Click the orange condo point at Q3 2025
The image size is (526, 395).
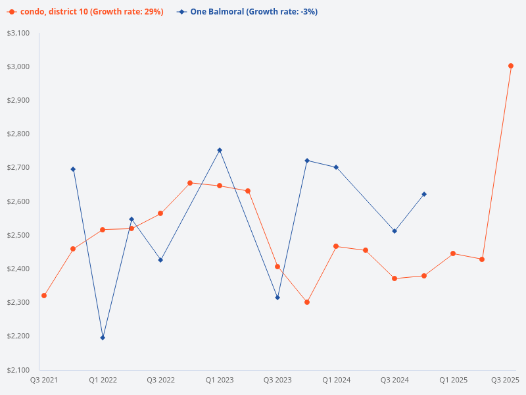pos(511,66)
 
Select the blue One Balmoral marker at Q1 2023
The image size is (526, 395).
pos(220,150)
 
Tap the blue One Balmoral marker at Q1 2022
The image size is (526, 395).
pos(103,338)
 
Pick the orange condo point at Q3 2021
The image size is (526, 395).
pos(44,296)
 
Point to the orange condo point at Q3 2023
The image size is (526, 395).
pos(277,267)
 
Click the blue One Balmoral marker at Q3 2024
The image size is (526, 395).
pos(394,231)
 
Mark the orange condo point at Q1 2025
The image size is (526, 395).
pos(453,253)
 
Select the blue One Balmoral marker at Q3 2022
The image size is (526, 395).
pos(160,260)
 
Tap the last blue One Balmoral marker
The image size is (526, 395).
pos(424,194)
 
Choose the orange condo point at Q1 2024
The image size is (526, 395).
pos(336,246)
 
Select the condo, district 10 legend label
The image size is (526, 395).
pos(91,12)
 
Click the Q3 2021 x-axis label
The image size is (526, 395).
pos(44,381)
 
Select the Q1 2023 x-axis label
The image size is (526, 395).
pos(220,381)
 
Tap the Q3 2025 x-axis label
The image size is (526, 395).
pos(505,381)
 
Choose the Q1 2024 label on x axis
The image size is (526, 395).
pos(336,381)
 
